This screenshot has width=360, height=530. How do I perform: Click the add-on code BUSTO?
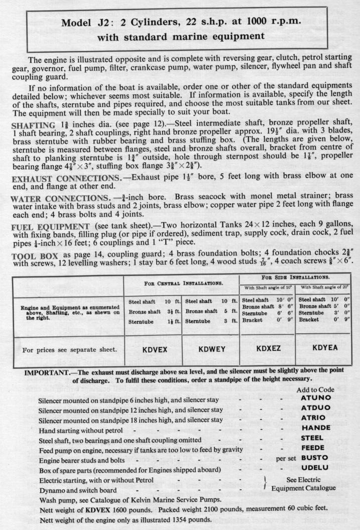[x=315, y=458]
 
